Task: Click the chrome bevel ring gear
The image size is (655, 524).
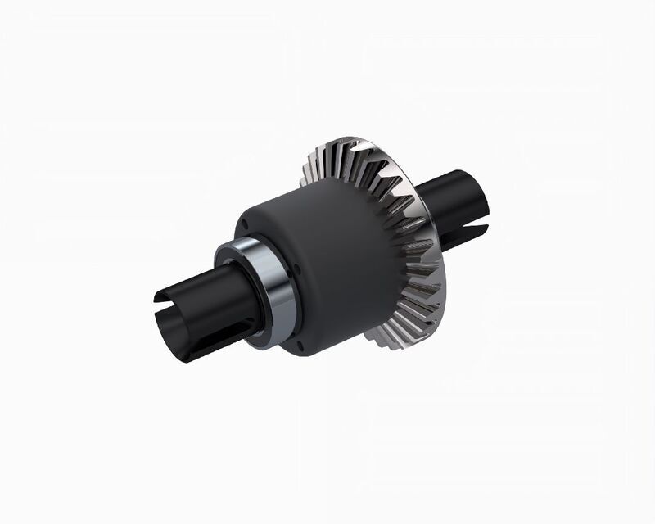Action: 409,246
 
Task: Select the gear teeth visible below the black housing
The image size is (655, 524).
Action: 385,336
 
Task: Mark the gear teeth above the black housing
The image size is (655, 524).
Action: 344,168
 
